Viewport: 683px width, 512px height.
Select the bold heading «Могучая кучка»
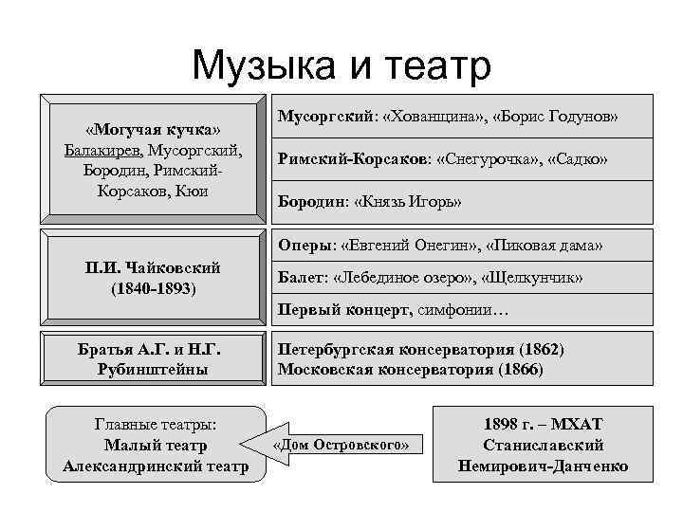153,129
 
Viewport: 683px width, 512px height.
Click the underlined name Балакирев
104,150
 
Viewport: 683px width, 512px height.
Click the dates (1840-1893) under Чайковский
153,287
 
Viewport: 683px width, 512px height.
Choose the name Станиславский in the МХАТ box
543,446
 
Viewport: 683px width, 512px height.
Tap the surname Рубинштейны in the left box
153,369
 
